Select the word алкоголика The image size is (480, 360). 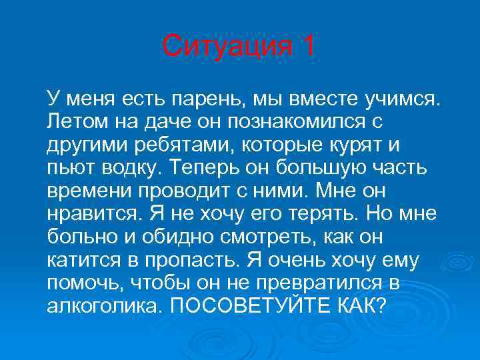102,305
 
